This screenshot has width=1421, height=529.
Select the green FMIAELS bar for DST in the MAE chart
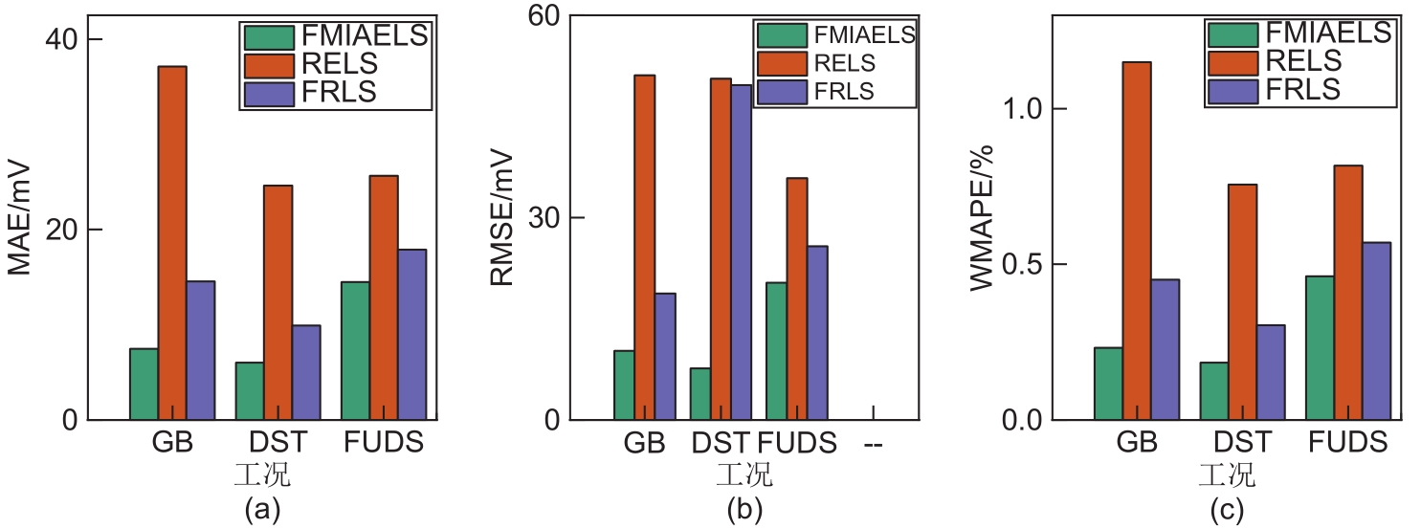pyautogui.click(x=249, y=391)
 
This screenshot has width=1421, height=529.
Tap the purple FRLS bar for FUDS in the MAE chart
pyautogui.click(x=413, y=335)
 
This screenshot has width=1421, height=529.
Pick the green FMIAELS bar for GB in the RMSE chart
pyautogui.click(x=623, y=386)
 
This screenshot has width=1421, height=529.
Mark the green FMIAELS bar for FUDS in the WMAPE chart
pyautogui.click(x=1320, y=348)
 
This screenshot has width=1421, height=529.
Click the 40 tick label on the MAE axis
pyautogui.click(x=61, y=40)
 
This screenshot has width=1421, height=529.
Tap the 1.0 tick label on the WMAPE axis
pyautogui.click(x=1020, y=109)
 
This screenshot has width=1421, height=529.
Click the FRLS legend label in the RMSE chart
pyautogui.click(x=843, y=92)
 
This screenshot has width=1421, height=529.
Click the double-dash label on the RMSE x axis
pyautogui.click(x=873, y=443)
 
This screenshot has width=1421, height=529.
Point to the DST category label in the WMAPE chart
pyautogui.click(x=1243, y=443)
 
